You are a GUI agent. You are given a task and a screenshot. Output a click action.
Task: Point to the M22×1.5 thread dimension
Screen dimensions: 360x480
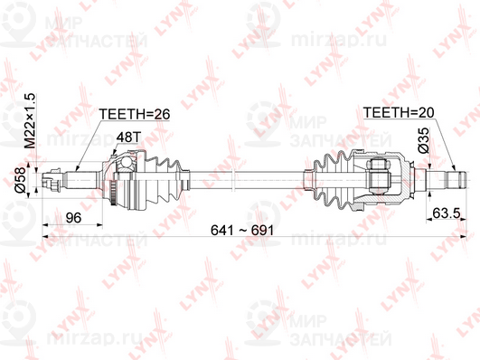(x=31, y=121)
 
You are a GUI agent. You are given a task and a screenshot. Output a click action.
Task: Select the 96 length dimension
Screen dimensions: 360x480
(x=75, y=216)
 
